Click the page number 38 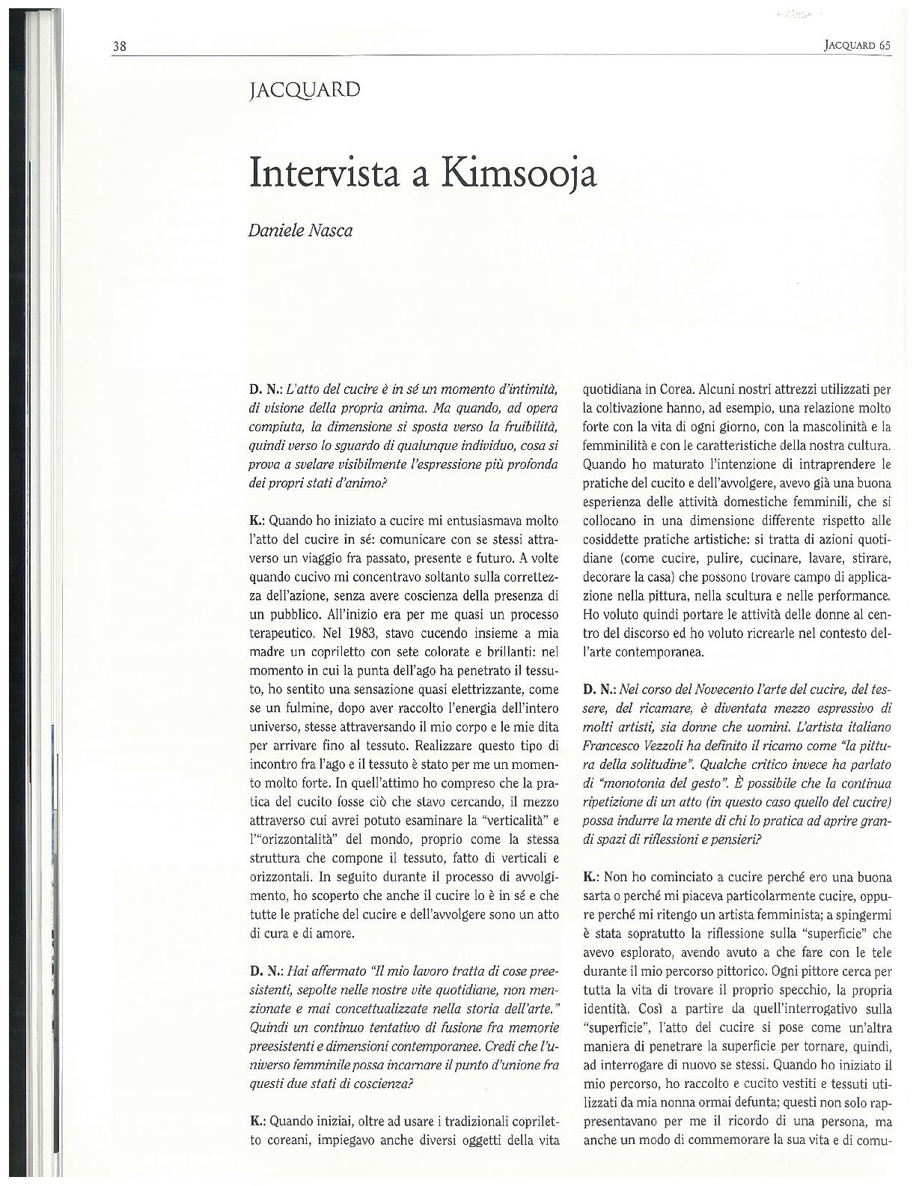click(x=119, y=46)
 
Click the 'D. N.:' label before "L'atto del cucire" click(x=263, y=390)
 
